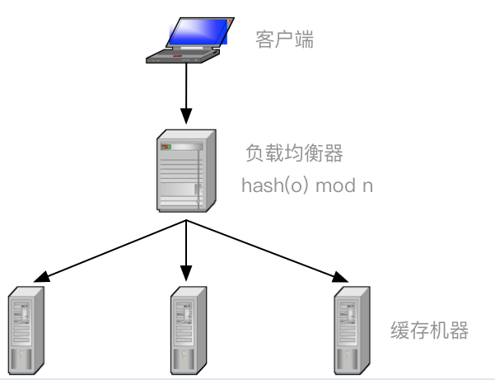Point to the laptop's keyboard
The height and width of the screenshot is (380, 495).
click(180, 56)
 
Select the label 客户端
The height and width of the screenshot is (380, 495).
click(285, 40)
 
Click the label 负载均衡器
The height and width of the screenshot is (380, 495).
click(294, 153)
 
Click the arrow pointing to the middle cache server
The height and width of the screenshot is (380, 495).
click(187, 247)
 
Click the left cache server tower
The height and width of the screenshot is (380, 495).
click(26, 330)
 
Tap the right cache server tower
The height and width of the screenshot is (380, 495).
click(352, 330)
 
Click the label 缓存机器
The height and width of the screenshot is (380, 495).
click(429, 331)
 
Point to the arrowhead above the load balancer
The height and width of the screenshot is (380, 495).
click(187, 115)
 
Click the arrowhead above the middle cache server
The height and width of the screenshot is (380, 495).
click(187, 272)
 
